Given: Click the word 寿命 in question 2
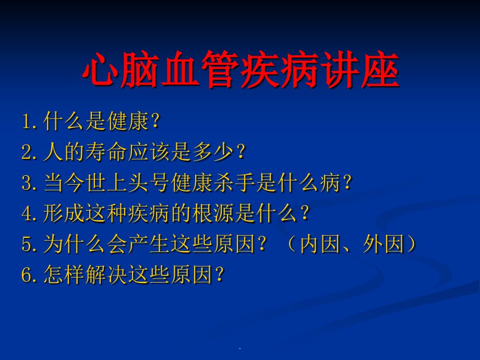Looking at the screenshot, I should [x=107, y=153].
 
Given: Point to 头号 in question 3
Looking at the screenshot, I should [x=149, y=184].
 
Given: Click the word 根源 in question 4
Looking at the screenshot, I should [x=213, y=214].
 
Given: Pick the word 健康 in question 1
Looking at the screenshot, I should [x=128, y=122].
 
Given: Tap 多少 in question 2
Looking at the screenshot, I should [x=213, y=153].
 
